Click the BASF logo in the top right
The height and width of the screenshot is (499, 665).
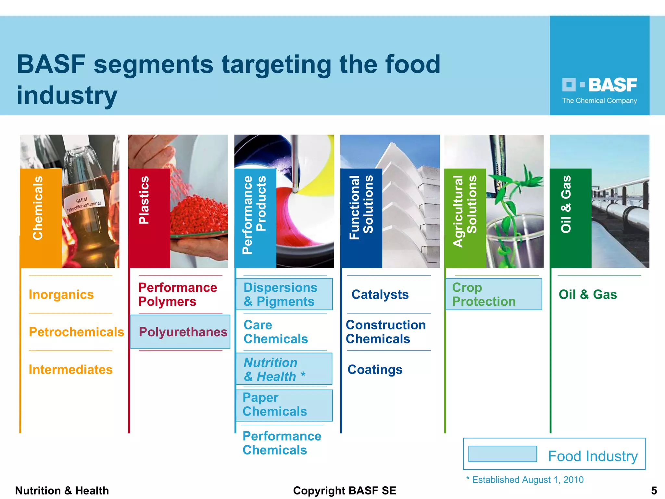tap(599, 85)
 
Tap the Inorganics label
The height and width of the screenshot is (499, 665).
tap(61, 295)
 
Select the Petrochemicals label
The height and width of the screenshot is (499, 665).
tap(76, 332)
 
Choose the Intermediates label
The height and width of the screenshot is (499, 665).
tap(70, 370)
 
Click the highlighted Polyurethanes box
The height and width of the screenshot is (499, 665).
tap(180, 332)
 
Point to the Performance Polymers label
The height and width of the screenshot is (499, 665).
tap(177, 295)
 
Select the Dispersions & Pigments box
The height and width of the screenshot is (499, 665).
tap(284, 294)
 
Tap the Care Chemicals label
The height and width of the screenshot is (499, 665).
tap(275, 332)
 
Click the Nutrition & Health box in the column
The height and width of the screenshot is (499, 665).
tap(284, 369)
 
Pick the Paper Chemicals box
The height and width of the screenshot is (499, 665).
tap(284, 405)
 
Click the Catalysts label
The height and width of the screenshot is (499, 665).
tap(380, 295)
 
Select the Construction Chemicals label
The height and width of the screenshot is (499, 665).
tap(385, 332)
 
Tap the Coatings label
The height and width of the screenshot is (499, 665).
tap(375, 370)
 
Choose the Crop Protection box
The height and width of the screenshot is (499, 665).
tap(494, 294)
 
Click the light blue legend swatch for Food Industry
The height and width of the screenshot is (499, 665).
tap(502, 454)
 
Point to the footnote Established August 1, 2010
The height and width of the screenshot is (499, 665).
tap(525, 480)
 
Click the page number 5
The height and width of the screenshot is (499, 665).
tap(654, 491)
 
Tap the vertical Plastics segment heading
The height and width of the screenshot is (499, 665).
tap(144, 200)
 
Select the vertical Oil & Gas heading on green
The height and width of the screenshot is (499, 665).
tap(566, 204)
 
